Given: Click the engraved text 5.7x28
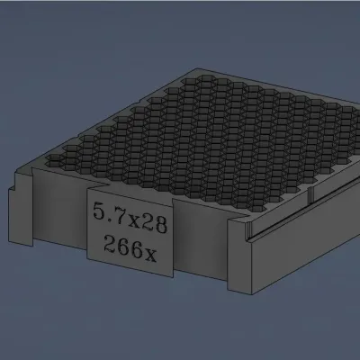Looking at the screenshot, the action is point(130,218).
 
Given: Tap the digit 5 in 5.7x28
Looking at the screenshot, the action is point(99,211).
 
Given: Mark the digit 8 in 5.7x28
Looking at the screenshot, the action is point(160,225).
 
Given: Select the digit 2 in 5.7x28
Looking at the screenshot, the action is point(147,221).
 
